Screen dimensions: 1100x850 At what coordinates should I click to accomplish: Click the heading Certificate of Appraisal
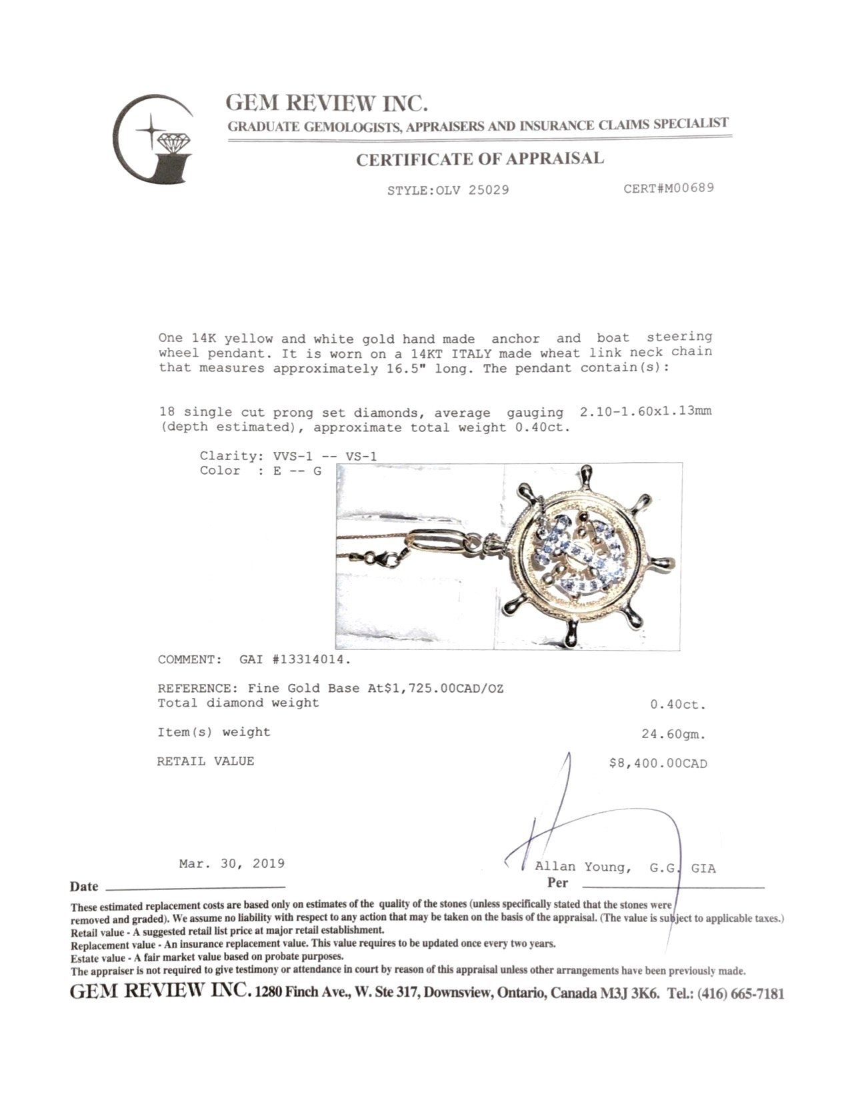[479, 159]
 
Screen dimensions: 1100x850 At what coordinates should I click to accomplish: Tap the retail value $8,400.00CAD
[658, 763]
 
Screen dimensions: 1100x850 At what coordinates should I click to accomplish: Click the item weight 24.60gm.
[673, 735]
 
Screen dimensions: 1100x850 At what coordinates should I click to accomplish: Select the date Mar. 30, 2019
[231, 864]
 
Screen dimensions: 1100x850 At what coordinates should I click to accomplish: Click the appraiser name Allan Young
[582, 867]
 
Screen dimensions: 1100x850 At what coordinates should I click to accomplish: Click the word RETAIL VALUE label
[205, 761]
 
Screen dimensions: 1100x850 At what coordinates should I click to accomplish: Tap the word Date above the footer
[84, 887]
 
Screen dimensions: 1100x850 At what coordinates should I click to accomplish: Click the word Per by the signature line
[557, 883]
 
